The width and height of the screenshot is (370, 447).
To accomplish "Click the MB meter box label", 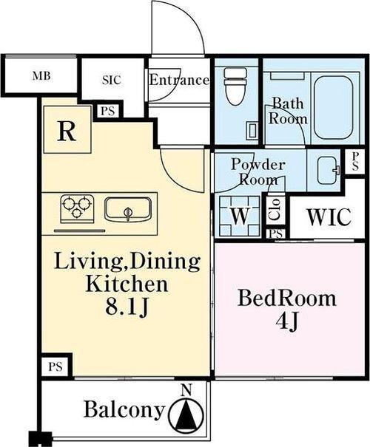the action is tap(41, 76).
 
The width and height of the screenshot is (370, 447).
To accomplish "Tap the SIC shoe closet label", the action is tap(112, 80).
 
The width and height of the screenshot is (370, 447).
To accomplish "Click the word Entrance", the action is tap(179, 80).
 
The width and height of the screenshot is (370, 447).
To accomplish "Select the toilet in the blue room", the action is tap(235, 86).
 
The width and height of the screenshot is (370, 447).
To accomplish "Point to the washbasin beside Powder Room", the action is tap(329, 171).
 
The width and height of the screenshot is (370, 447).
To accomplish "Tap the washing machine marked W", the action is tap(240, 216).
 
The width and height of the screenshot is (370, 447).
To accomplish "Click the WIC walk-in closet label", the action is tap(329, 217).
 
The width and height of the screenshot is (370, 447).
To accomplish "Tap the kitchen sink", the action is tap(128, 209).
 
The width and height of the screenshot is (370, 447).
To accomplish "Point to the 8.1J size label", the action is tap(127, 308).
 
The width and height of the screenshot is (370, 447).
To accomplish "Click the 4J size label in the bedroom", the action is tap(287, 322).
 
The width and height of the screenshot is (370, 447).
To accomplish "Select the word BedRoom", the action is tap(287, 298).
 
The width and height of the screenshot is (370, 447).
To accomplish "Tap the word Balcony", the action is tap(124, 409).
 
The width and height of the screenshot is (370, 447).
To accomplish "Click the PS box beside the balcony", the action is tap(55, 366).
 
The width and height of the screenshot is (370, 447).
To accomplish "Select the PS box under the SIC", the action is tap(107, 111).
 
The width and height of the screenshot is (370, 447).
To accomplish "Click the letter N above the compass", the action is tap(186, 390).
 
